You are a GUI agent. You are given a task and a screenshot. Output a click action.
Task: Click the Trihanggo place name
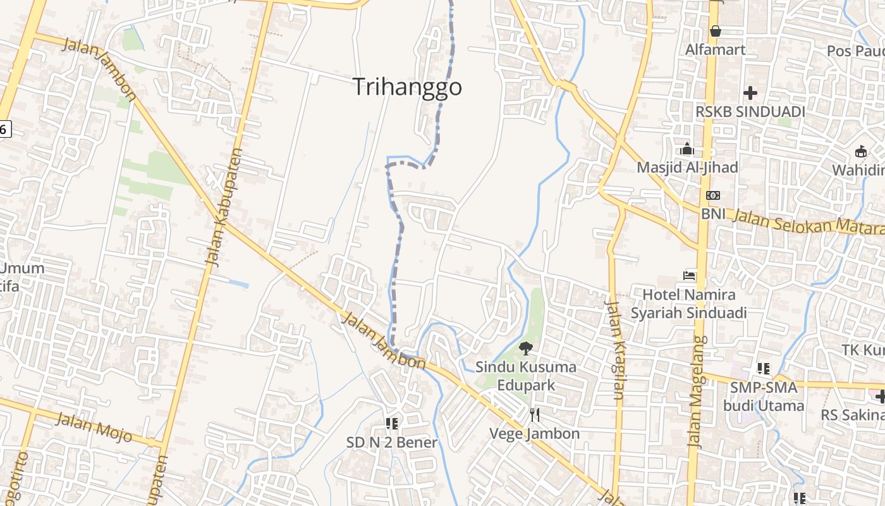(407, 87)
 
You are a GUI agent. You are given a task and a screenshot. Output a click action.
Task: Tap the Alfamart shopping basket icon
(716, 30)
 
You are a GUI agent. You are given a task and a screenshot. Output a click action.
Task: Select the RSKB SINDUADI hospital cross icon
(750, 93)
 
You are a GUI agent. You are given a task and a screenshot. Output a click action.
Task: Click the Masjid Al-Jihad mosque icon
(687, 149)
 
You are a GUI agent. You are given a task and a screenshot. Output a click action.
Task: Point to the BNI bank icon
(713, 195)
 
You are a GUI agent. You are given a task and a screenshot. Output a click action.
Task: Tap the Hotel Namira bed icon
(689, 276)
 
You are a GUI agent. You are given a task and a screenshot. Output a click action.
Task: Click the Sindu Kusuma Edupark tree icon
(525, 348)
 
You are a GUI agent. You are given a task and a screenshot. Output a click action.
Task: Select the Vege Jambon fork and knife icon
(535, 414)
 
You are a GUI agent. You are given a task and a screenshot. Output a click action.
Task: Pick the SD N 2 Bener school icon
(391, 423)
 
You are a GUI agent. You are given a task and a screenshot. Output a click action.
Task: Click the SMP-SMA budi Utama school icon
(764, 368)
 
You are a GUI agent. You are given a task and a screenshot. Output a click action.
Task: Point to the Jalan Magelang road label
(697, 392)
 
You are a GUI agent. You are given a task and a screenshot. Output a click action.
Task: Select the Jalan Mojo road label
(94, 427)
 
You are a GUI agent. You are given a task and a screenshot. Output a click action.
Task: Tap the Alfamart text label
(716, 49)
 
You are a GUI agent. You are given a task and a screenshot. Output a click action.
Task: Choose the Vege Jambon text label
(535, 433)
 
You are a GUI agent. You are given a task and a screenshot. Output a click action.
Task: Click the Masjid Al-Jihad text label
(687, 168)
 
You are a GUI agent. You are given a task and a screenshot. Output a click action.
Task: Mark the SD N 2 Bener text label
(391, 442)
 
